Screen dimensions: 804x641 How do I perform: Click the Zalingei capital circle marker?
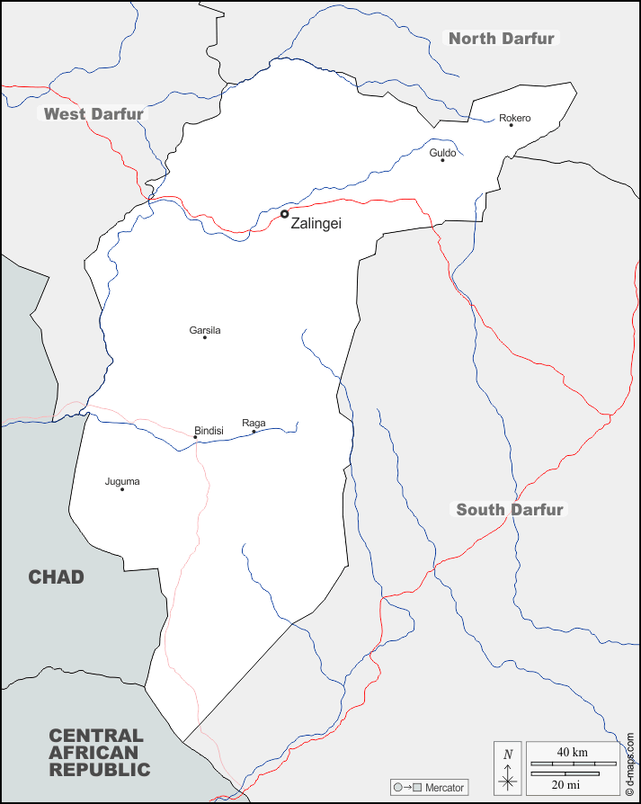coord(285,214)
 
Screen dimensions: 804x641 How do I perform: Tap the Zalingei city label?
coord(316,224)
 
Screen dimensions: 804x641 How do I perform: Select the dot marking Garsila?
coord(205,337)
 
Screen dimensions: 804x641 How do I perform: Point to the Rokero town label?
coord(515,118)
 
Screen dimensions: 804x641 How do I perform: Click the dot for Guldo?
coord(442,160)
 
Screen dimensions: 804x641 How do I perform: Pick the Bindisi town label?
coord(209,432)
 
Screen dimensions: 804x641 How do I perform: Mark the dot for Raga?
coord(254,432)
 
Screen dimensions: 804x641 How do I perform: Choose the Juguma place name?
coord(122,481)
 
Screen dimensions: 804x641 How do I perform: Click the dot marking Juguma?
coord(122,489)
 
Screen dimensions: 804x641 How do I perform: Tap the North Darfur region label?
coord(502,38)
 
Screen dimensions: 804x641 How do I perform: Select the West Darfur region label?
coord(93,114)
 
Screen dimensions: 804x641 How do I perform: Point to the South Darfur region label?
coord(510,510)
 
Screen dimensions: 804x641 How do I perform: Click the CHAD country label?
coord(56,577)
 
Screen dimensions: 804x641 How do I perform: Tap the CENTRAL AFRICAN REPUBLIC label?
coord(99,753)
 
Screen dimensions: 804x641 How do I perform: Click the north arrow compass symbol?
coord(508,769)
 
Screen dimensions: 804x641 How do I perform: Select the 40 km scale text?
coord(572,752)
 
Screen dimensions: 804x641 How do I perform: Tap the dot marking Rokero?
coord(511,125)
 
